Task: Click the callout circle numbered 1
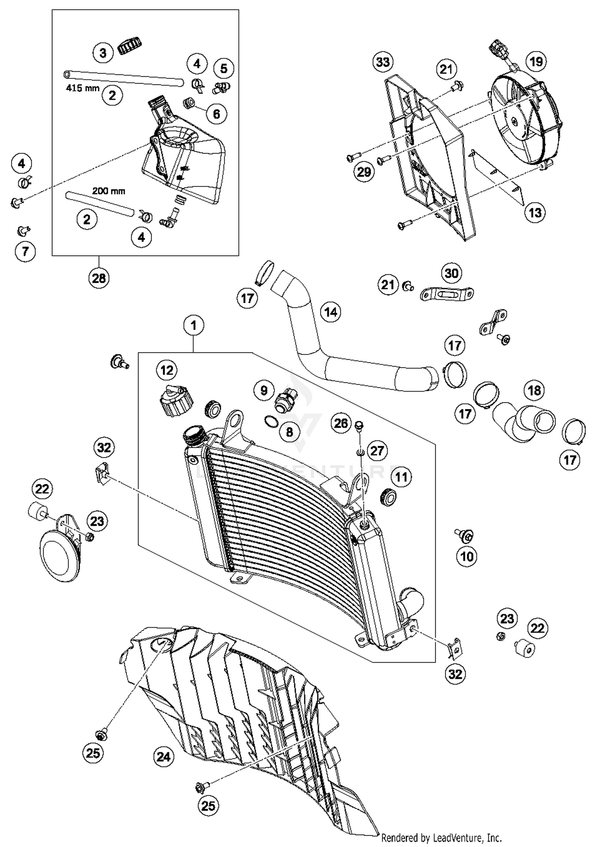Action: (x=194, y=325)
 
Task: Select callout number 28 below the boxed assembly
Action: (x=99, y=278)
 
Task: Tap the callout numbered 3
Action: (x=103, y=53)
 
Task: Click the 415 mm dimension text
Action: (x=82, y=88)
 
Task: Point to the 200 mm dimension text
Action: (x=108, y=191)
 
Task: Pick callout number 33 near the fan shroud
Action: (x=383, y=62)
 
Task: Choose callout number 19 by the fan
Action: (x=536, y=62)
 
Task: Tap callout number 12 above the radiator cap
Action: (x=166, y=370)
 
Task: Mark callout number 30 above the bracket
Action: (x=451, y=273)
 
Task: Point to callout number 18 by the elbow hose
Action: (x=534, y=390)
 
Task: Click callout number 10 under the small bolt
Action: (x=466, y=556)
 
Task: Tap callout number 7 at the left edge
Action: (x=25, y=252)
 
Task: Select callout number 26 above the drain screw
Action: (x=341, y=423)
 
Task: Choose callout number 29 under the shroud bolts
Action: (x=364, y=172)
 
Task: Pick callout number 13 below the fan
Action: (x=535, y=212)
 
